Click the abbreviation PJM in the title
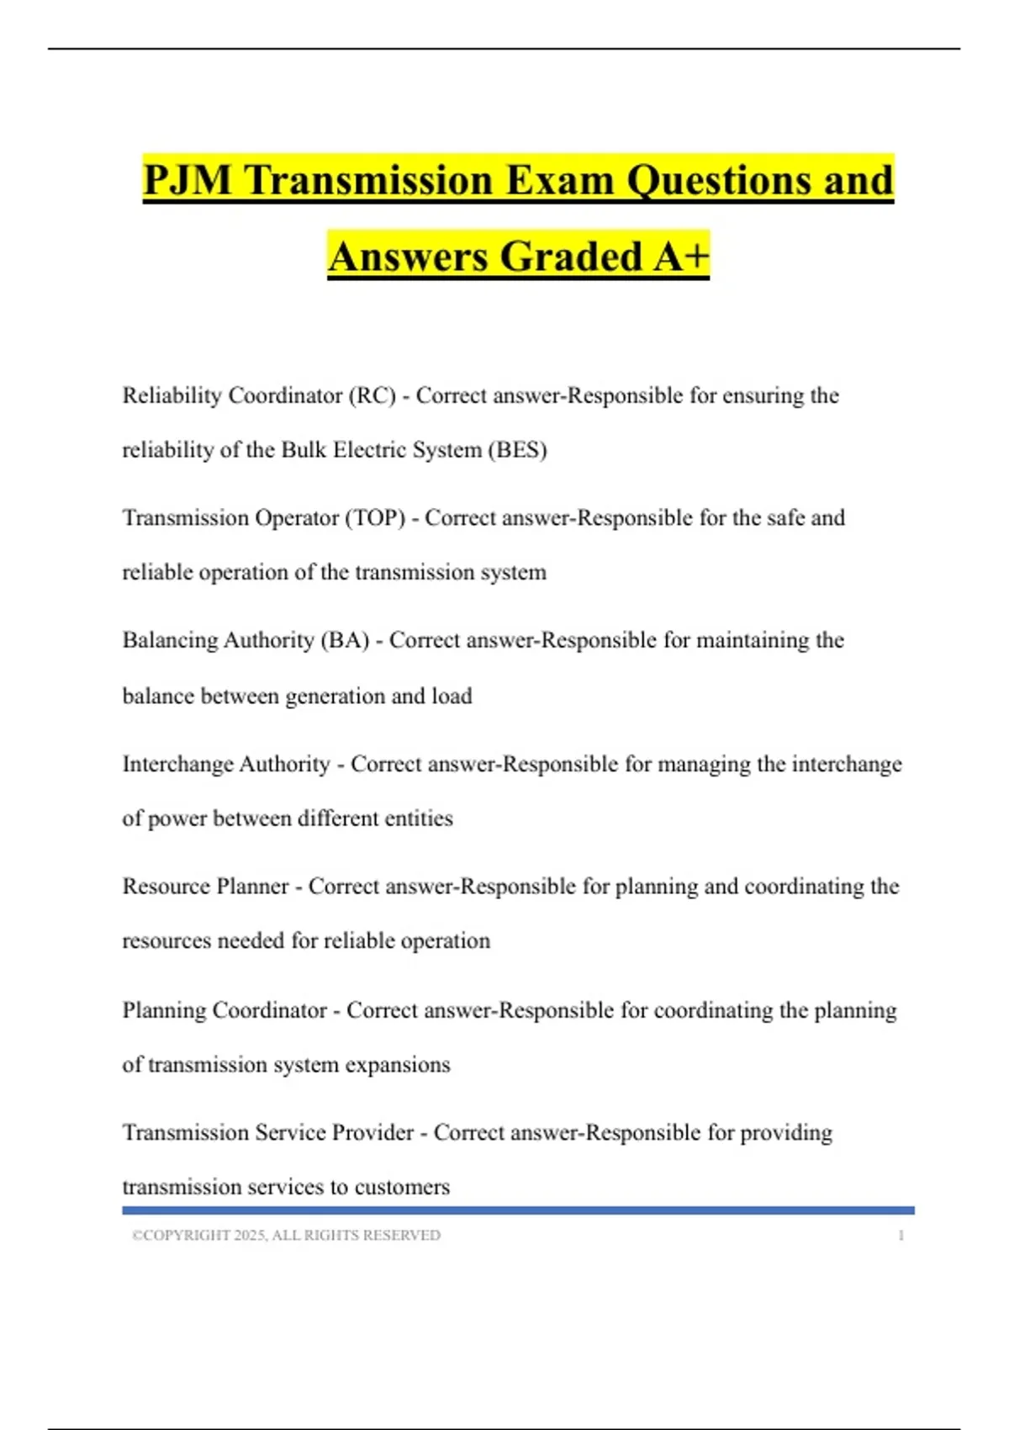tap(188, 180)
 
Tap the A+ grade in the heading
tap(682, 257)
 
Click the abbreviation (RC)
tap(372, 395)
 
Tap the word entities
tap(418, 818)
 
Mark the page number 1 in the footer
tap(901, 1235)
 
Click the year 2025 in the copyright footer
tap(250, 1235)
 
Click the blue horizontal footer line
tap(518, 1210)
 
